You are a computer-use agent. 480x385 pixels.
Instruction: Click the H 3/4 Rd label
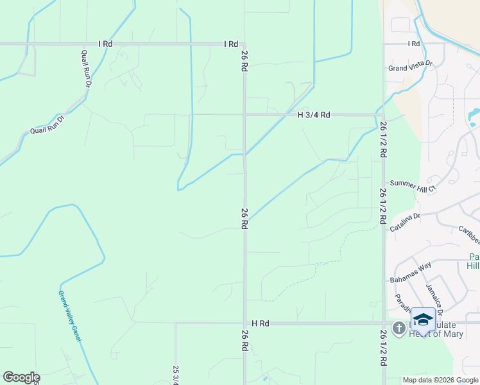[314, 115]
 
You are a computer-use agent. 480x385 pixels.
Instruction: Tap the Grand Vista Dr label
[411, 67]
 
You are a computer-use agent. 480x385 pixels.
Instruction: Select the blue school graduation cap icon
[423, 320]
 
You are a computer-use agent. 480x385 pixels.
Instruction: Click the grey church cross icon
[399, 329]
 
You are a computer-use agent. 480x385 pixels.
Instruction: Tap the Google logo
[21, 377]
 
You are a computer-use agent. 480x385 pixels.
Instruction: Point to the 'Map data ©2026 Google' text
[441, 380]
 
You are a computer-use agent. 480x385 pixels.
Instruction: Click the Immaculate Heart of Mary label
[443, 329]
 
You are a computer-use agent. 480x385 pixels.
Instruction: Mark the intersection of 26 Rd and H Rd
[244, 323]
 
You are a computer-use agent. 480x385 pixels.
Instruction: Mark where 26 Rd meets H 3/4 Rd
[244, 115]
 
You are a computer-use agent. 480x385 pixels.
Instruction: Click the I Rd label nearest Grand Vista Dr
[414, 44]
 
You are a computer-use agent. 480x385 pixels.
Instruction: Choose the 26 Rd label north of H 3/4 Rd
[244, 61]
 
